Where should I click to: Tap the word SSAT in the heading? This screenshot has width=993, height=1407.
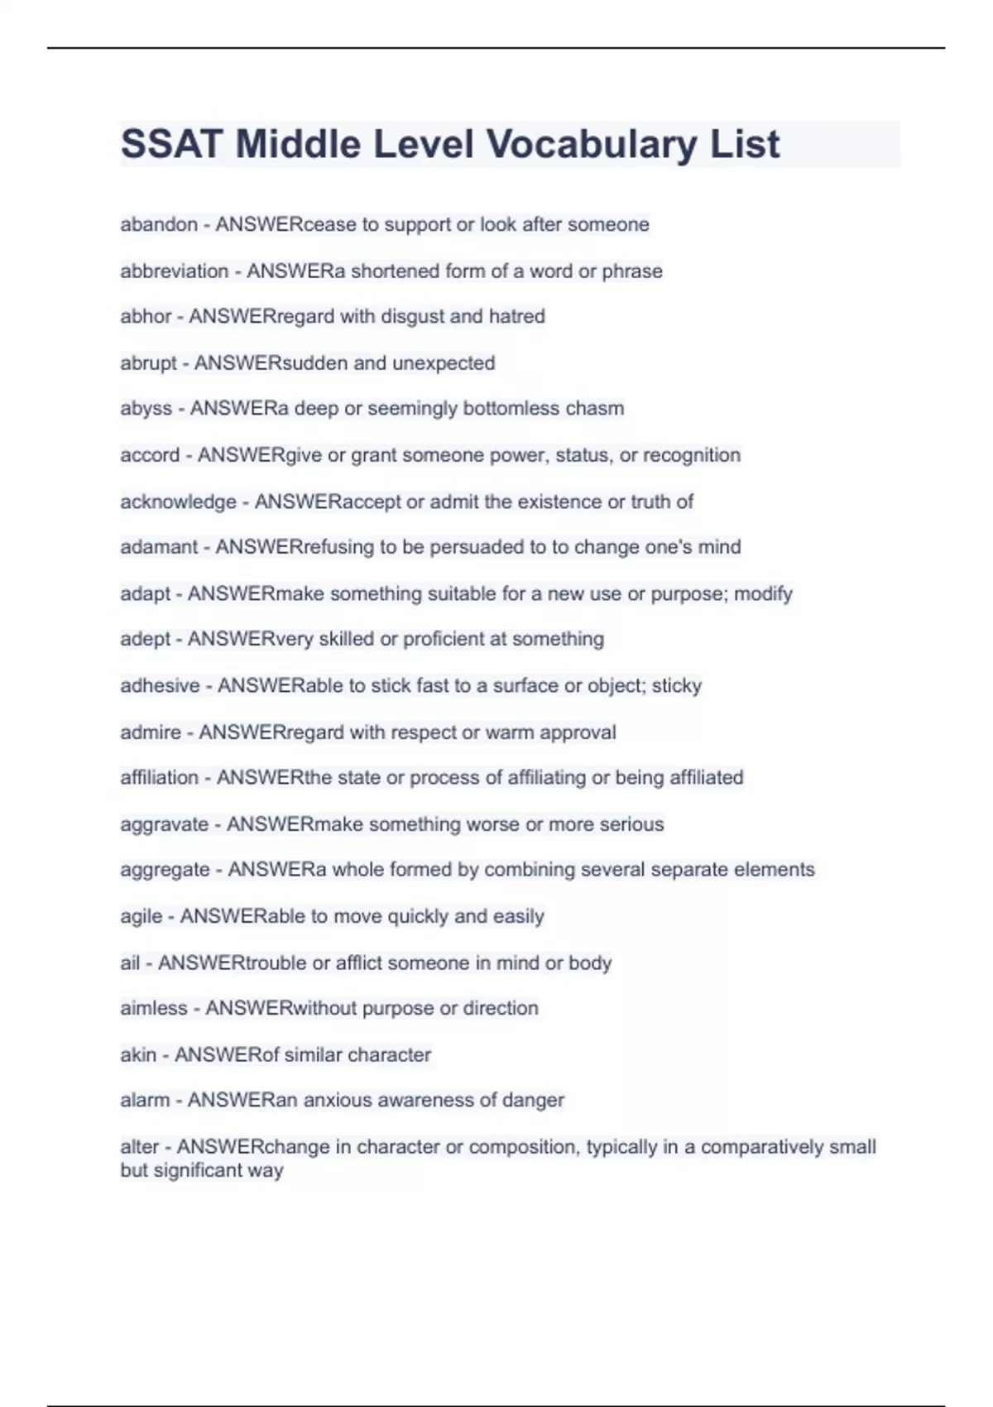171,145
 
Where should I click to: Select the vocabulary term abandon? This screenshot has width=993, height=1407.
159,224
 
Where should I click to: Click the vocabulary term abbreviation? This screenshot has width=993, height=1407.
174,271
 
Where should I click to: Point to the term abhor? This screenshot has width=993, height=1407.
146,316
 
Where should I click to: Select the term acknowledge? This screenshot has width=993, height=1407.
178,502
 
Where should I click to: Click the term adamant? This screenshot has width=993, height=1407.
159,547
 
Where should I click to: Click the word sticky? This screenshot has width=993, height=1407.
677,685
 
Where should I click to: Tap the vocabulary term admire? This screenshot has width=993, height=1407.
151,732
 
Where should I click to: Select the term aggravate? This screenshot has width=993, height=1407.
164,824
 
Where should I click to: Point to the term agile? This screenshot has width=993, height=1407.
141,916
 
